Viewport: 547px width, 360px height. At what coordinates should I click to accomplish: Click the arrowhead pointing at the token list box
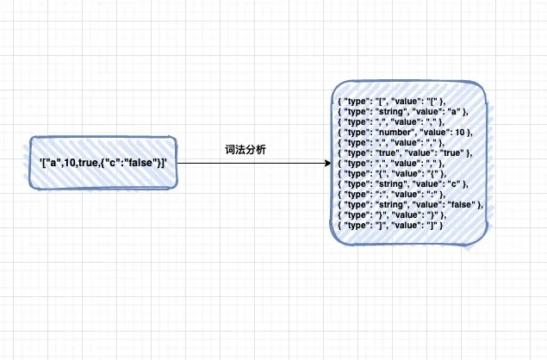pos(327,163)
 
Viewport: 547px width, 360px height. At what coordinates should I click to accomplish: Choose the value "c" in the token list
pos(453,184)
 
